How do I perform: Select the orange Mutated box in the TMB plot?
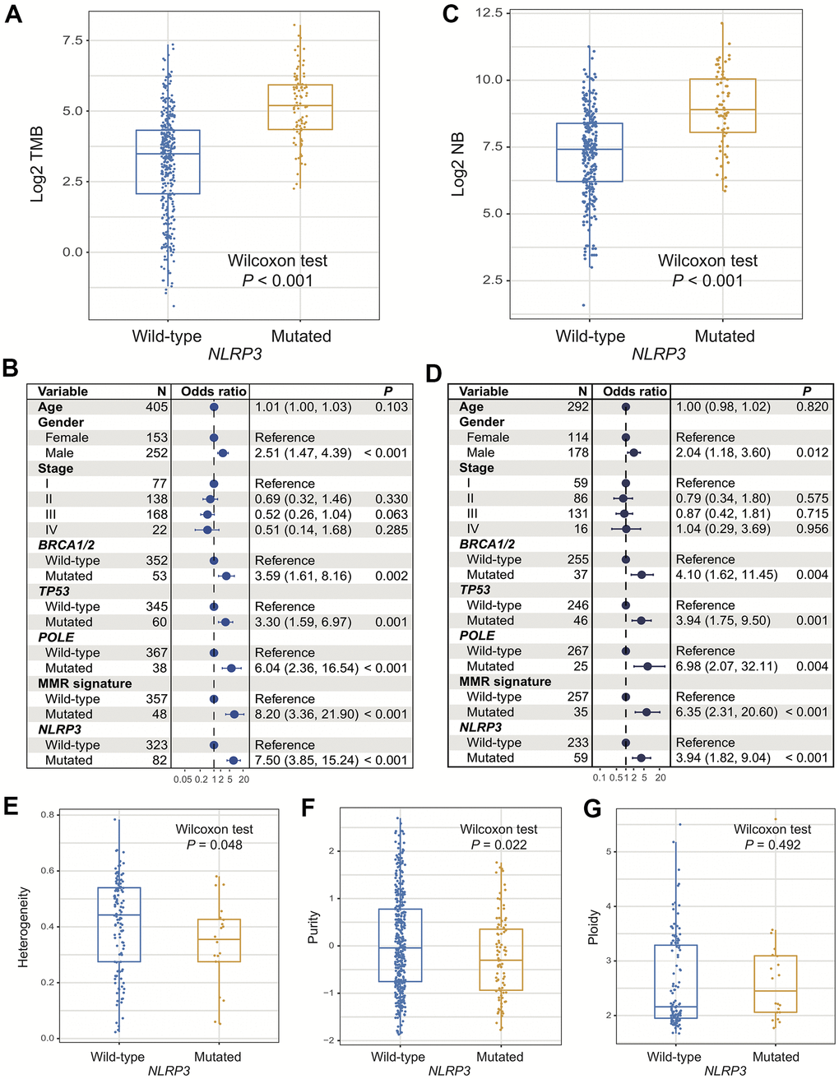tap(300, 107)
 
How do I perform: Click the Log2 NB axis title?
tap(458, 164)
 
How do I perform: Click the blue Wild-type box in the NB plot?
tap(589, 152)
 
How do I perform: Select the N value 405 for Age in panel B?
tap(156, 407)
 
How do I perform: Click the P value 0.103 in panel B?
tap(392, 407)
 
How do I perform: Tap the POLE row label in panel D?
tap(477, 636)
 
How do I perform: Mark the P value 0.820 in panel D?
tap(812, 407)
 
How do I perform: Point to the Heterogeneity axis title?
tap(24, 926)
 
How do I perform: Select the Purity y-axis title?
tap(313, 926)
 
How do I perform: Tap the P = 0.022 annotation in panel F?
tap(499, 845)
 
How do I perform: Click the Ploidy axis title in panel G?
tap(594, 926)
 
